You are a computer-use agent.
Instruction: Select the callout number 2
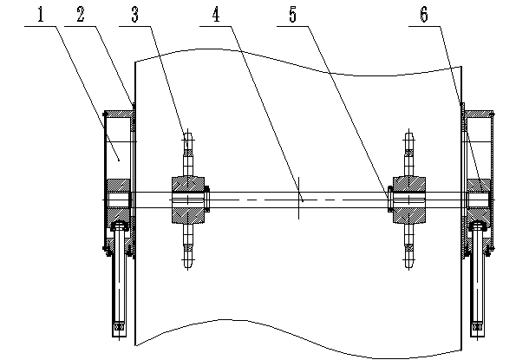click(81, 15)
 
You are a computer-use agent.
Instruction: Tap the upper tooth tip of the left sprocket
click(187, 135)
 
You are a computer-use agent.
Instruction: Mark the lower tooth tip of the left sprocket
click(187, 265)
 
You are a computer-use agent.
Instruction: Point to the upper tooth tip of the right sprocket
click(408, 135)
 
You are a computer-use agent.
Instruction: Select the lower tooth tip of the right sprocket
click(408, 265)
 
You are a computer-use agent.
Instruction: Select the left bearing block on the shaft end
click(117, 199)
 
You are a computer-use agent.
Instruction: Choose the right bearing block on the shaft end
click(477, 199)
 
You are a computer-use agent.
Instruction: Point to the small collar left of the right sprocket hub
click(389, 200)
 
